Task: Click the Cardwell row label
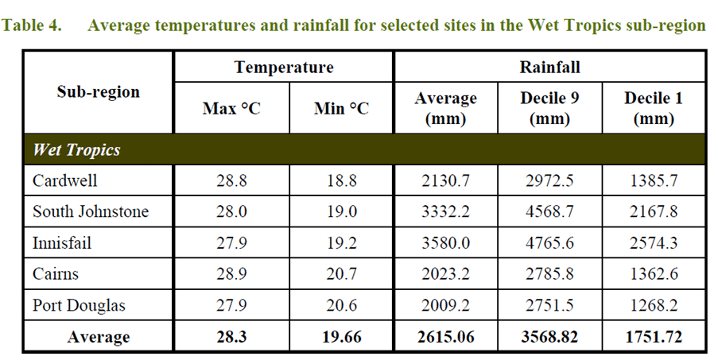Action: [x=65, y=180]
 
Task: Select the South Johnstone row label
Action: [x=91, y=211]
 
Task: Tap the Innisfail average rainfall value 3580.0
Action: [x=445, y=242]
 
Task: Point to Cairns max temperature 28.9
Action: [x=231, y=274]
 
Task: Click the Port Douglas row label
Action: [x=79, y=306]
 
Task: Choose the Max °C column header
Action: [x=231, y=108]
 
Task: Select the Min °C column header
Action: [x=342, y=108]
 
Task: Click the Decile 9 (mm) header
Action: [x=550, y=108]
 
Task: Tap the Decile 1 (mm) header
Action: [x=654, y=108]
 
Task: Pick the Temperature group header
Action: [x=284, y=67]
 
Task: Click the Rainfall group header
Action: [x=549, y=67]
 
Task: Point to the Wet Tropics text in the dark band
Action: [x=76, y=149]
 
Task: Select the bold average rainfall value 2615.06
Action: [x=445, y=338]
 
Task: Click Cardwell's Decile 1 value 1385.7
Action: [x=654, y=180]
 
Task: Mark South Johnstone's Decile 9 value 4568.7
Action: [x=550, y=211]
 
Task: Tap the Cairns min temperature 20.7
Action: [x=342, y=274]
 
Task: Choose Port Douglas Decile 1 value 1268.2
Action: [x=654, y=306]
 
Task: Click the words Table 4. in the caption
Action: [x=33, y=25]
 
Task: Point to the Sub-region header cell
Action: [x=99, y=91]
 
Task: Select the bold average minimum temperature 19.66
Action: [x=342, y=338]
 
